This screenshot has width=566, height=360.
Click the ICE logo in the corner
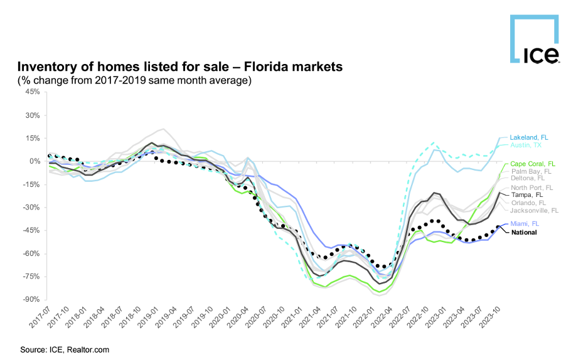533,40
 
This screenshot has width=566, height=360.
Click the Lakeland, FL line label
528,137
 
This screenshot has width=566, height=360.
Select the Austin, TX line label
525,145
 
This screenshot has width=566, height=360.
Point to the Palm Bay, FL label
530,171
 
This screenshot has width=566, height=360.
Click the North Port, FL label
531,188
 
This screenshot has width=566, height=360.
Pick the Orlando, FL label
528,203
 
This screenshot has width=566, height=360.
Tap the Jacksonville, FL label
533,211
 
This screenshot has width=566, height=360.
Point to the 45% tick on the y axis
32,92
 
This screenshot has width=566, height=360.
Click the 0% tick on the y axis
34,161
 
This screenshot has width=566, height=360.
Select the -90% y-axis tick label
31,300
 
